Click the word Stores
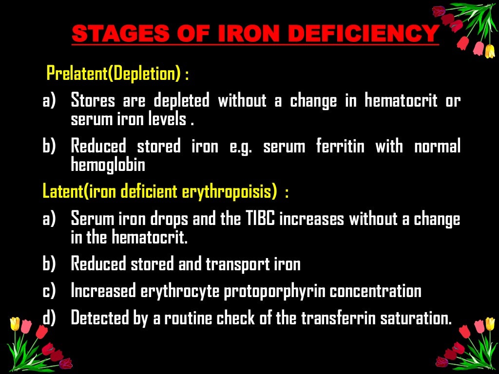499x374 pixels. pos(93,101)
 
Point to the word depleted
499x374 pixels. pos(181,101)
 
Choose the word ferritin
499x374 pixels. pos(340,146)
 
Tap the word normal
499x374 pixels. pos(437,146)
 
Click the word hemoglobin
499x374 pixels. pos(108,165)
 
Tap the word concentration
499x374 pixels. pos(375,291)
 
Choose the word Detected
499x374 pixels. pos(94,318)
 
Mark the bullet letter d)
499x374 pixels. pos(49,318)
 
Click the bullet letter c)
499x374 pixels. pos(49,291)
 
